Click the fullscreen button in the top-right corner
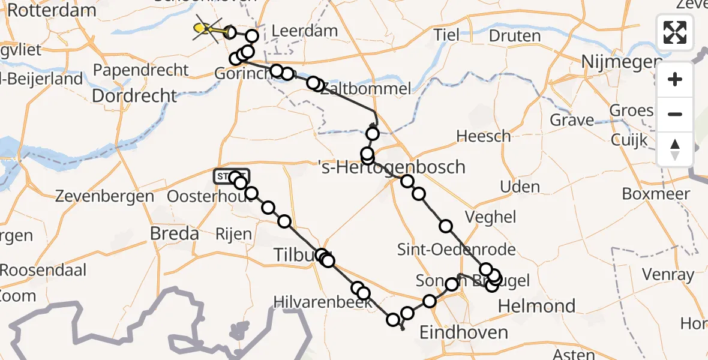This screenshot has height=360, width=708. [x=675, y=32]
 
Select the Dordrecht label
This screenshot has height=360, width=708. [x=134, y=95]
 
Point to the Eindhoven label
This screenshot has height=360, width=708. [x=464, y=332]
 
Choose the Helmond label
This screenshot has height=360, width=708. [x=536, y=306]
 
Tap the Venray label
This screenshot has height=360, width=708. [x=668, y=275]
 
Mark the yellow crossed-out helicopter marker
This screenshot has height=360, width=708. [x=206, y=28]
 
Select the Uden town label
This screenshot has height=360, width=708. [x=520, y=187]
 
